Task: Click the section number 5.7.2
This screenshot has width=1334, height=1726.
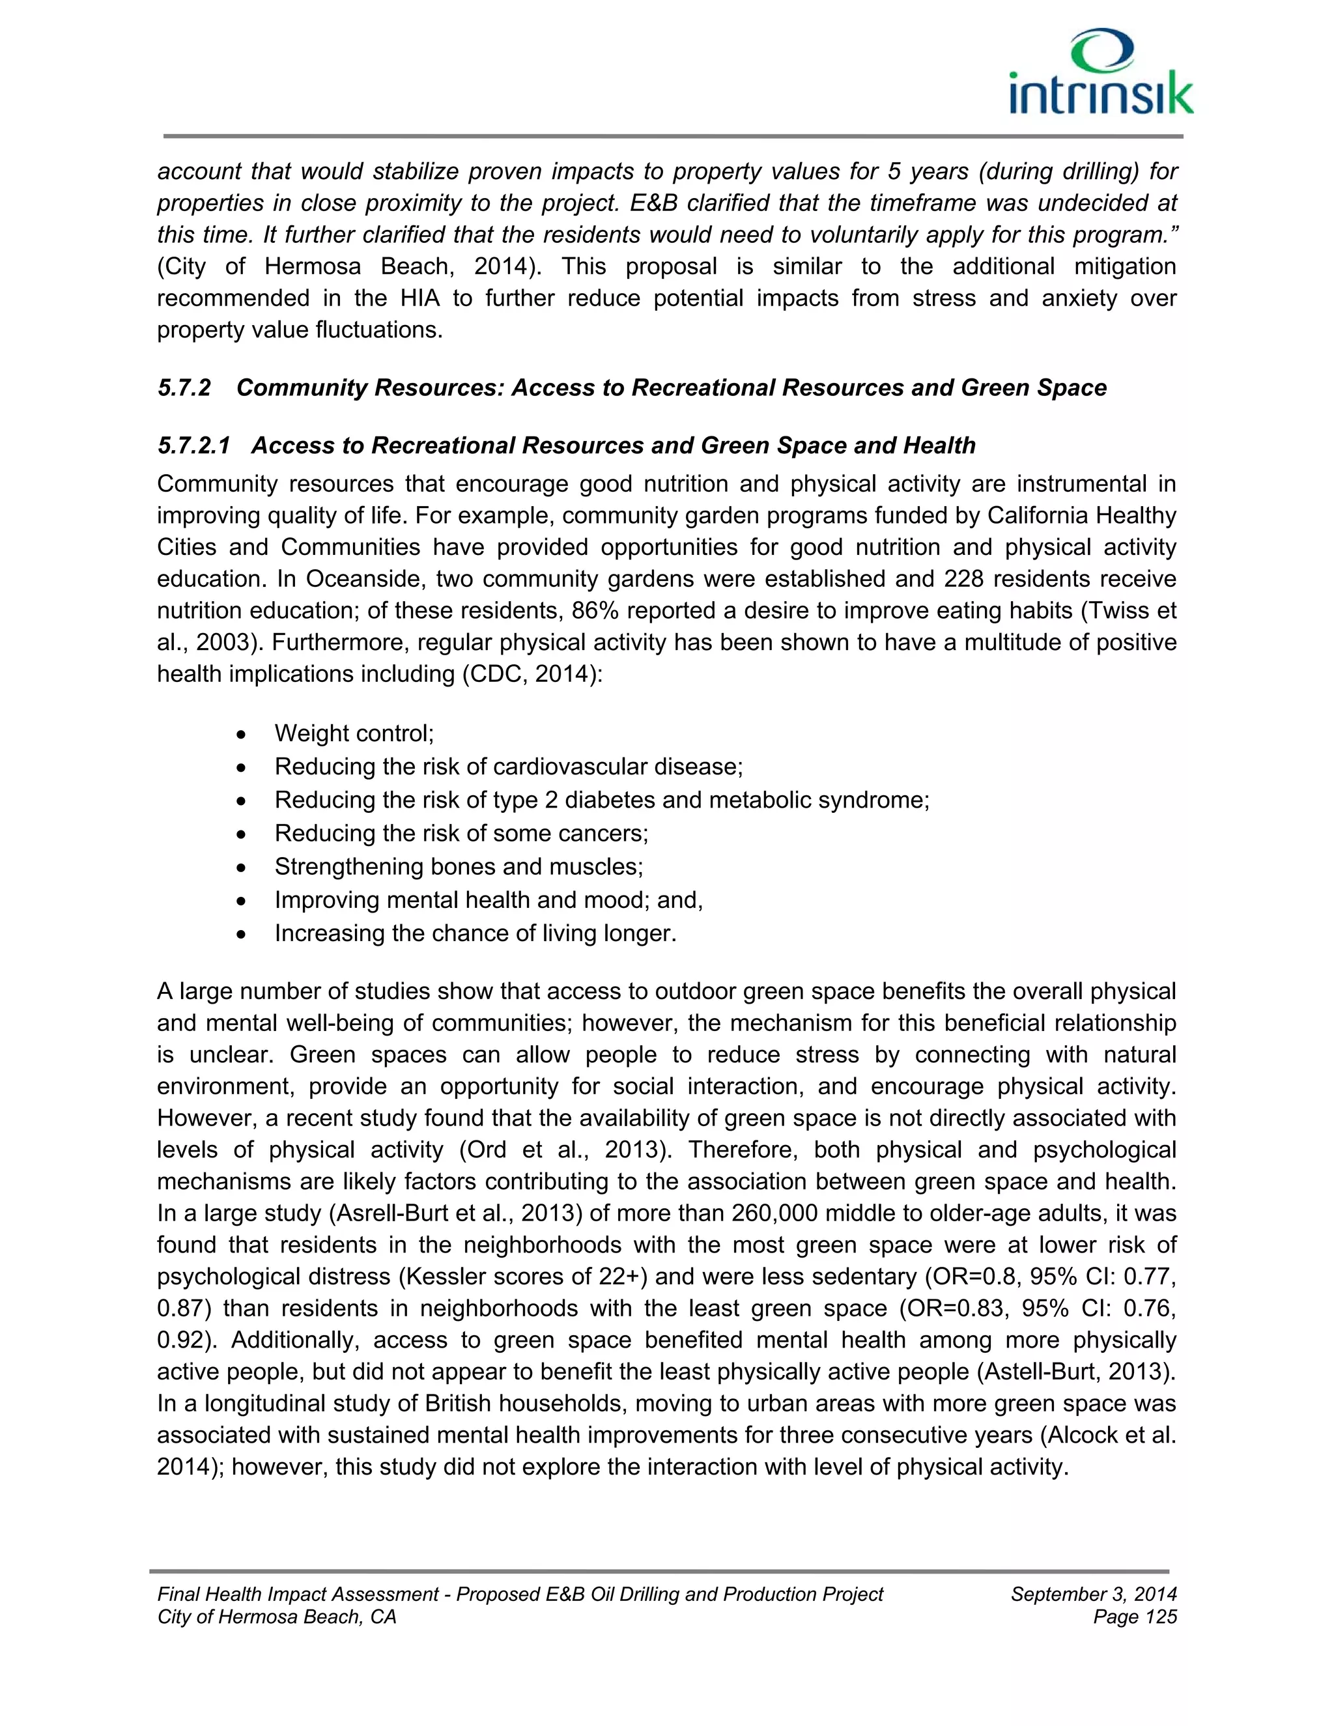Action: (184, 388)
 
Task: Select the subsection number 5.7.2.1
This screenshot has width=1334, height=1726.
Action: (193, 446)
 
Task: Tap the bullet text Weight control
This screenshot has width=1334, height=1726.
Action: (354, 733)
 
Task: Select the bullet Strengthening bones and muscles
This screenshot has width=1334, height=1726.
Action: (459, 867)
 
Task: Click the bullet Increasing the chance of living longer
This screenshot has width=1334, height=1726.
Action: (475, 933)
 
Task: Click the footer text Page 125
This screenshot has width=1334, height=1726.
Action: (1135, 1617)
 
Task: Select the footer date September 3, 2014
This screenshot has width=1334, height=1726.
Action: (1094, 1594)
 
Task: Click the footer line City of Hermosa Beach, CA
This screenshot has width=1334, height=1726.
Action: (277, 1617)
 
